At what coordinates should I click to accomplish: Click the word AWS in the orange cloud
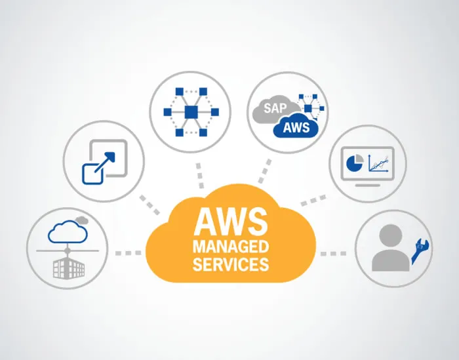(x=230, y=222)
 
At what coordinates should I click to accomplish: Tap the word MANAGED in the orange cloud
(x=230, y=248)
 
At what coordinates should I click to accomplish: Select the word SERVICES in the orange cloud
(x=230, y=264)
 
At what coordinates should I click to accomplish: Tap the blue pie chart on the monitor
(x=355, y=163)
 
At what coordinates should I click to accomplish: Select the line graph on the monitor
(x=379, y=163)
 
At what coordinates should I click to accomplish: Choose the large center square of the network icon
(x=191, y=112)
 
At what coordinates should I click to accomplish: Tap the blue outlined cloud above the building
(x=68, y=231)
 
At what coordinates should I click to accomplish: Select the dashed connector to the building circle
(x=128, y=252)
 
